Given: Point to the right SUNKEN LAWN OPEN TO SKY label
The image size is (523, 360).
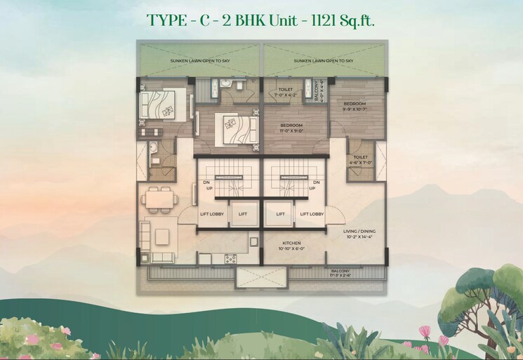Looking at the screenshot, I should tap(324, 61).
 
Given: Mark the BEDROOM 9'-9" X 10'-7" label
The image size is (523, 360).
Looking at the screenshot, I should tap(354, 106).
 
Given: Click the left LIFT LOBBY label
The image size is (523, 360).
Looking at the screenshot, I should tap(213, 214).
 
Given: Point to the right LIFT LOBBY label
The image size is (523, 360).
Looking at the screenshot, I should tap(311, 214).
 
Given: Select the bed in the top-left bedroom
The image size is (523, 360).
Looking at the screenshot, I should tap(163, 105).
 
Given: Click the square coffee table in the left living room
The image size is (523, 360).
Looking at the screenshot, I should tap(164, 234).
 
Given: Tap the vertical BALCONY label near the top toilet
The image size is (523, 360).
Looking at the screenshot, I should tap(317, 91).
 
